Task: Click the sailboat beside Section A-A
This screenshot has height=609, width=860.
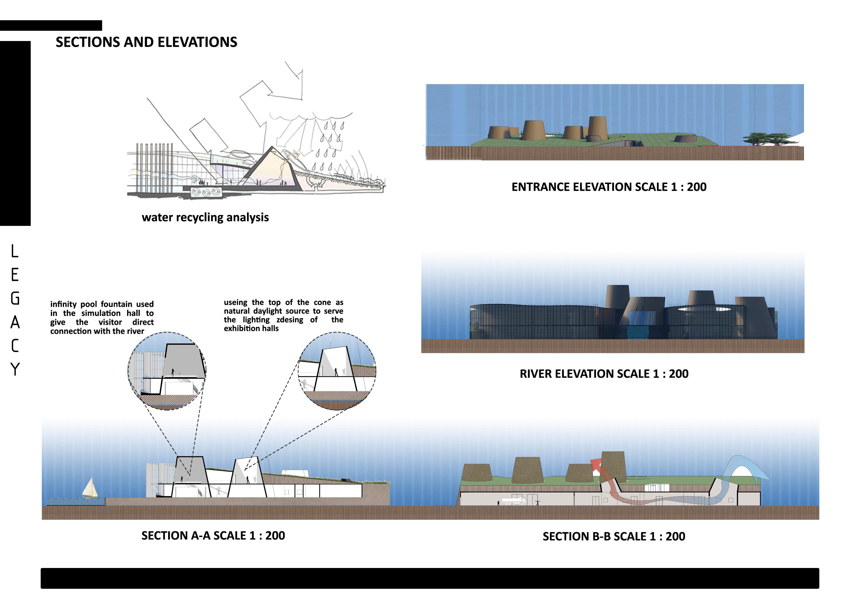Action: (x=90, y=488)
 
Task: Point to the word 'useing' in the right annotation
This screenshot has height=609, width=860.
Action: (x=235, y=302)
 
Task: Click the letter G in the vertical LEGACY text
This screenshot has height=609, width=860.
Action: (x=15, y=299)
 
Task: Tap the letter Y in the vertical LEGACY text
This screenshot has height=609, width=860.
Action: (x=15, y=369)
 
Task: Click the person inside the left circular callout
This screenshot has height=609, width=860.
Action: (x=173, y=372)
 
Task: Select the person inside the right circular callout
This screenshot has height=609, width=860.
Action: (x=336, y=372)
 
